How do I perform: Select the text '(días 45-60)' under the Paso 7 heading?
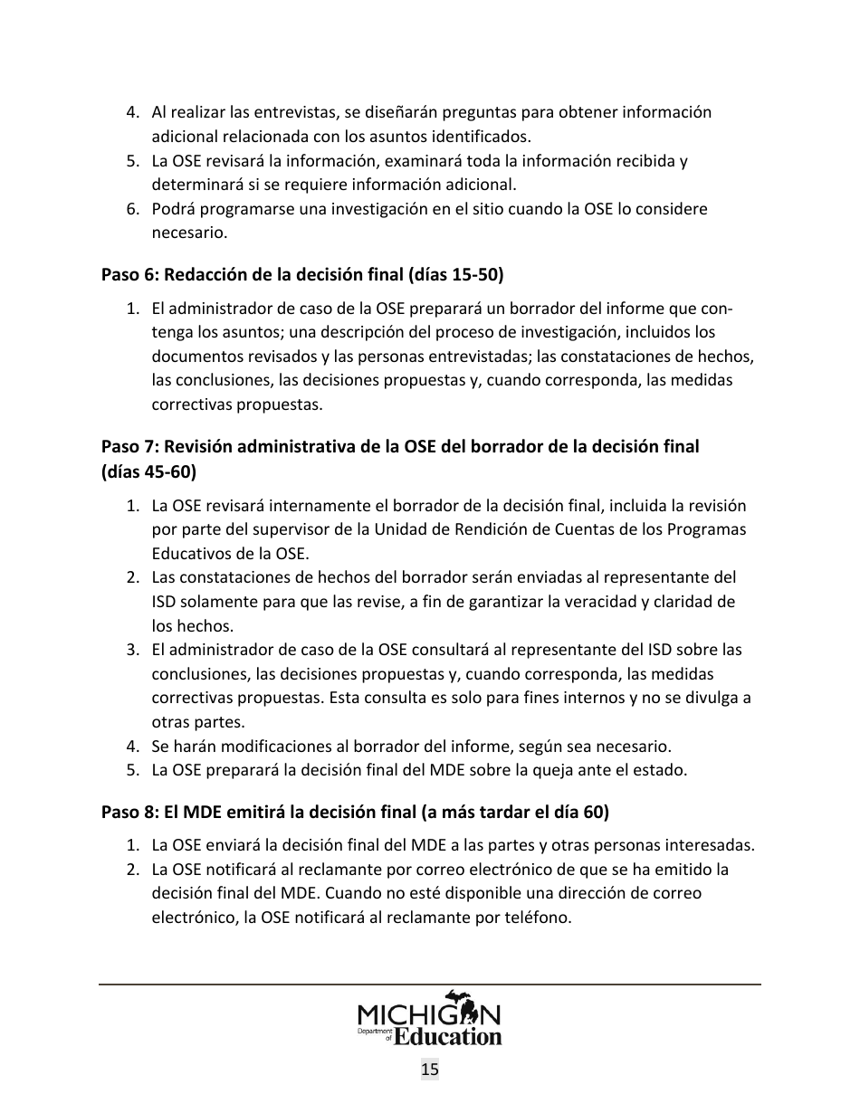tap(148, 471)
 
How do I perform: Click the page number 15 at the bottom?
tap(430, 1070)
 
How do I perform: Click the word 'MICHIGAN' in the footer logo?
tap(429, 1013)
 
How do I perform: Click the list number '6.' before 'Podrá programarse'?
tap(132, 209)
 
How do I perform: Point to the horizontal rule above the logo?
tap(430, 985)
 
